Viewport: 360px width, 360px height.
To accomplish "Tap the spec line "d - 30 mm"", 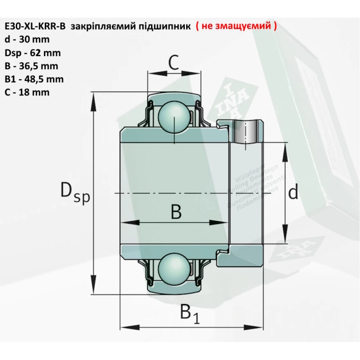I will (x=27, y=40).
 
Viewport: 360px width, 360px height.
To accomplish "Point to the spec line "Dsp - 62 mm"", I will (x=33, y=53).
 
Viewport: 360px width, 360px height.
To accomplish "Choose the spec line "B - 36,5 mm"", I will (x=31, y=66).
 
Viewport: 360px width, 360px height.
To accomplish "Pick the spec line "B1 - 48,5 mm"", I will (x=34, y=79).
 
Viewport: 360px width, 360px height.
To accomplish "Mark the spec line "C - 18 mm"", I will (x=27, y=92).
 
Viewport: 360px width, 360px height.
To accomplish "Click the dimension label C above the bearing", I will (x=174, y=63).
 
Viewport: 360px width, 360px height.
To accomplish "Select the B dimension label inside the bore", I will (x=176, y=212).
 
